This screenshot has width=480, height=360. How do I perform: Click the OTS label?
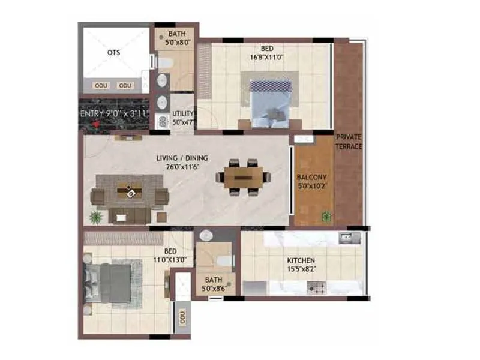[113, 53]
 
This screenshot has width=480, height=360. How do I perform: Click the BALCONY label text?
[312, 178]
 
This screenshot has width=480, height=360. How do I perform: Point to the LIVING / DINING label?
[182, 158]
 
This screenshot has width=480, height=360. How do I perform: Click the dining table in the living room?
[244, 177]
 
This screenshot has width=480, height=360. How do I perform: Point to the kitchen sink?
[346, 238]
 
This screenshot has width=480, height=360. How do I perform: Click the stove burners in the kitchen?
[318, 289]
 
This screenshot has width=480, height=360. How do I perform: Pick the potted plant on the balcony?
[326, 215]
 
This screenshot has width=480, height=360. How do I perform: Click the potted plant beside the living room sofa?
[94, 216]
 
